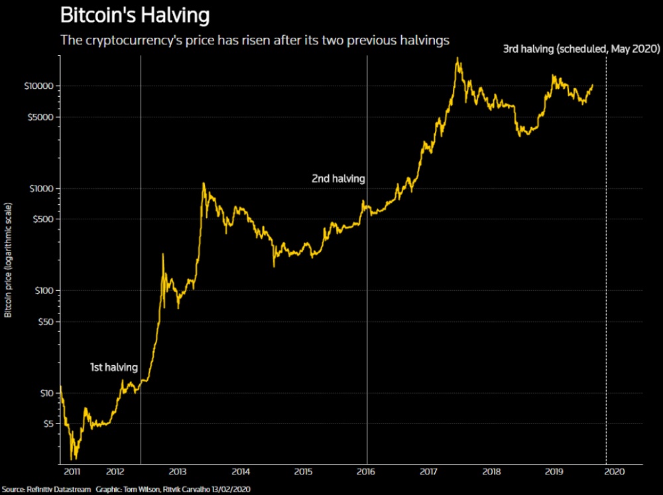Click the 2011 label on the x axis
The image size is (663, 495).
[73, 472]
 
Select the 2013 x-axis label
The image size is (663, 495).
[177, 472]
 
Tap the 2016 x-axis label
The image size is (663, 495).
[367, 472]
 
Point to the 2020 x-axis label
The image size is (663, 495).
[616, 472]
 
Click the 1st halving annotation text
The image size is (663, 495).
[114, 367]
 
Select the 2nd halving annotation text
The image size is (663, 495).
[338, 178]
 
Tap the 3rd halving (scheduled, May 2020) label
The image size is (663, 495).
[580, 49]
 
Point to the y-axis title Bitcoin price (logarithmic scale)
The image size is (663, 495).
[8, 262]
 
